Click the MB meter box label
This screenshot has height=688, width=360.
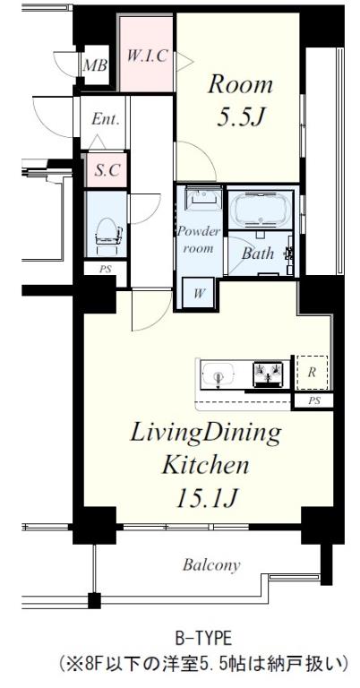pyautogui.click(x=95, y=65)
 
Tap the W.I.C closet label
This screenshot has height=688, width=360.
pyautogui.click(x=148, y=56)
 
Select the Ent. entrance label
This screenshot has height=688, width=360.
pyautogui.click(x=106, y=119)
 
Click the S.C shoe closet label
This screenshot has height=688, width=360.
pyautogui.click(x=107, y=170)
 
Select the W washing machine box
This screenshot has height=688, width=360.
pyautogui.click(x=198, y=293)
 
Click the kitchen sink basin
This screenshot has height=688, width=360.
pyautogui.click(x=219, y=374)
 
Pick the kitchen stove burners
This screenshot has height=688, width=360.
pyautogui.click(x=268, y=374)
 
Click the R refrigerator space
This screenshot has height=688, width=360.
pyautogui.click(x=312, y=373)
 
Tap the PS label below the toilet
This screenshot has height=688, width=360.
pyautogui.click(x=106, y=269)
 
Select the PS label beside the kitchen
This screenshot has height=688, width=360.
pyautogui.click(x=314, y=400)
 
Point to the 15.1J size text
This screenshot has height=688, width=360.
pyautogui.click(x=207, y=497)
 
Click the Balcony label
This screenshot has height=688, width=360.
pyautogui.click(x=211, y=565)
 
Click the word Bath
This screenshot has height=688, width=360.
pyautogui.click(x=258, y=253)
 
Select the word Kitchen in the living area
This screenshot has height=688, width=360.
pyautogui.click(x=205, y=465)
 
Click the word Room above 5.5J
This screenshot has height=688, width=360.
pyautogui.click(x=240, y=85)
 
